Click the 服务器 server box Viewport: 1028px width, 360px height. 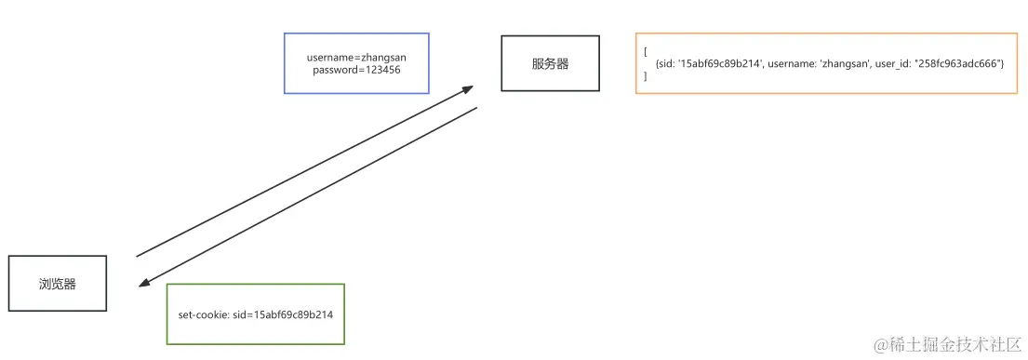point(550,63)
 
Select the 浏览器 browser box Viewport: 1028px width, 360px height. point(58,284)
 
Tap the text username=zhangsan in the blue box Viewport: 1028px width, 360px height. point(356,58)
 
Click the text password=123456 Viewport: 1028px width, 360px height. point(357,71)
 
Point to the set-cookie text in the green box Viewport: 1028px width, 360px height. point(256,314)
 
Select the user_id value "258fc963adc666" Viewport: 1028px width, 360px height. point(958,63)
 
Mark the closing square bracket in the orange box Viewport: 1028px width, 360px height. point(645,76)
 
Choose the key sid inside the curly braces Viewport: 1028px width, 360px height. point(668,63)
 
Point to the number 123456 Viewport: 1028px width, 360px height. point(382,71)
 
